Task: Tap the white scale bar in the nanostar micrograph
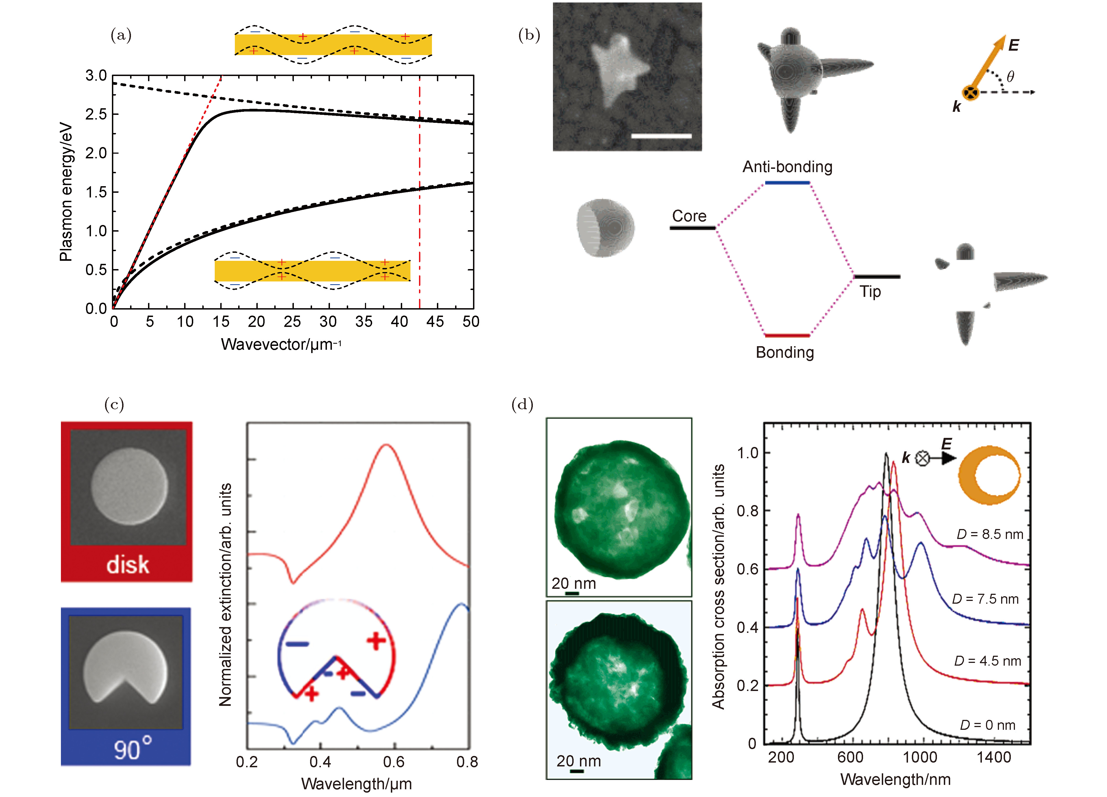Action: [661, 136]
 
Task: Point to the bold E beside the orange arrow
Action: [1013, 45]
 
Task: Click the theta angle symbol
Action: [1010, 77]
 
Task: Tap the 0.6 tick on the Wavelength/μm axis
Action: [393, 762]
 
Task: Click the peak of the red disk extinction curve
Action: [386, 445]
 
